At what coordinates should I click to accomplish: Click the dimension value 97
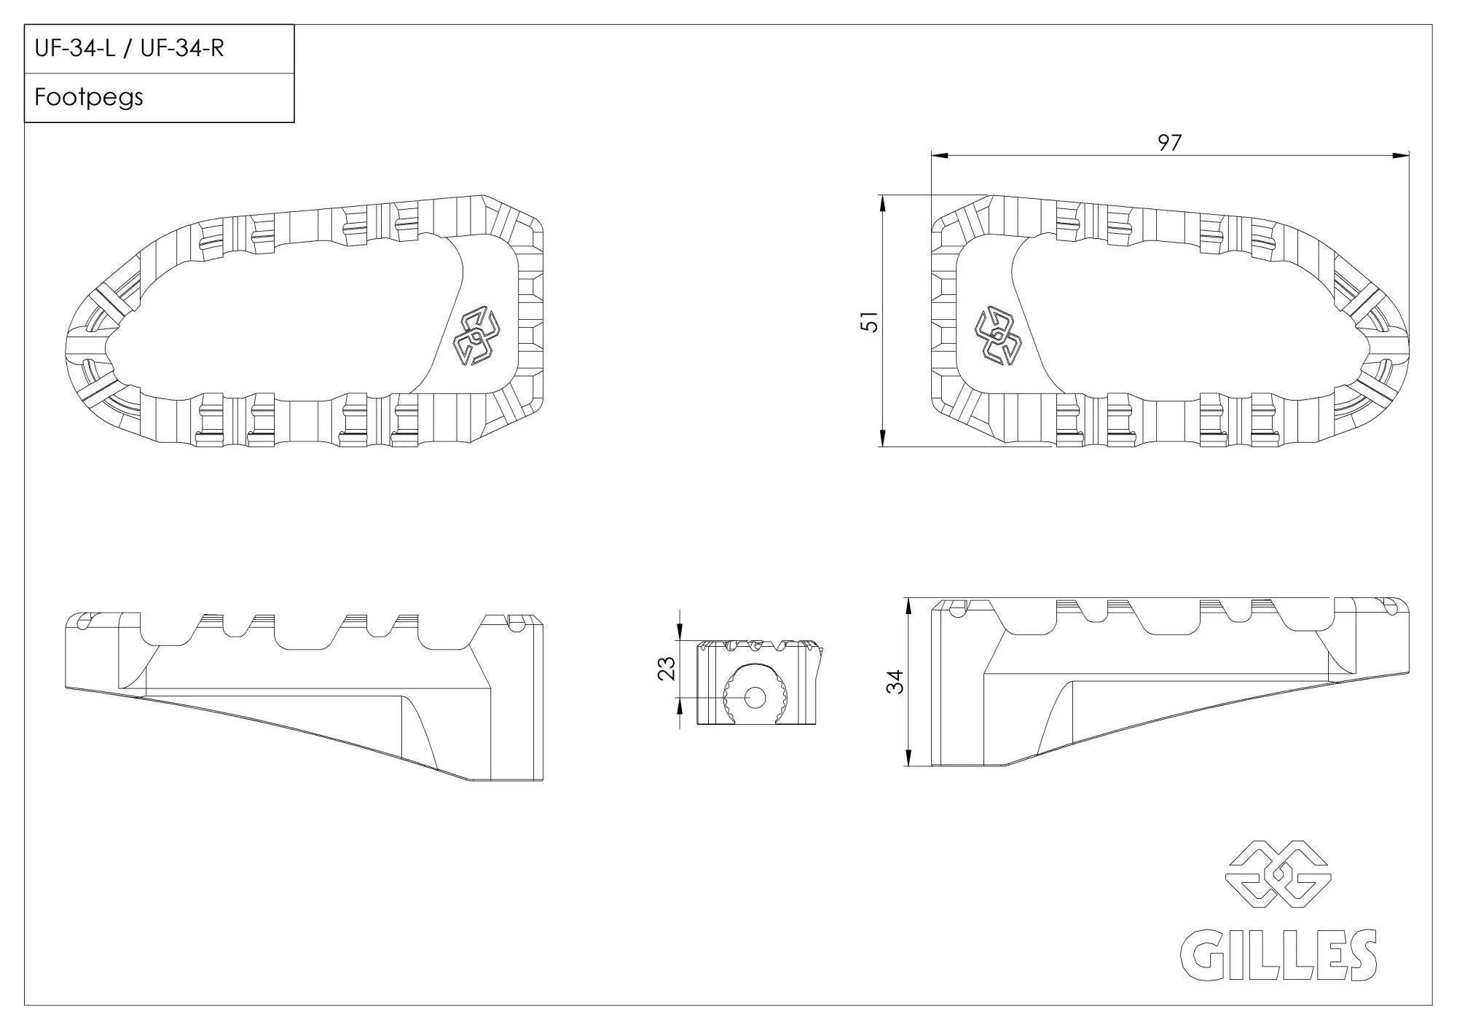[x=1169, y=143]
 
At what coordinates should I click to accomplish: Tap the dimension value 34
[x=895, y=682]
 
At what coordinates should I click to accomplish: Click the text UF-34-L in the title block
[x=75, y=49]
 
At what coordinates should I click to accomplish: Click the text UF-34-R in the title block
[x=182, y=49]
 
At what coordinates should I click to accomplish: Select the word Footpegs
[x=89, y=98]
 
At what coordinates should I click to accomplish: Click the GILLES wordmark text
[x=1279, y=955]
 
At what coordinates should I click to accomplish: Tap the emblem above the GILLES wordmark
[x=1279, y=874]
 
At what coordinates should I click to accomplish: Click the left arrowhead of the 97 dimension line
[x=938, y=155]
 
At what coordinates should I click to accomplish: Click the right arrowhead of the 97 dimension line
[x=1402, y=155]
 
